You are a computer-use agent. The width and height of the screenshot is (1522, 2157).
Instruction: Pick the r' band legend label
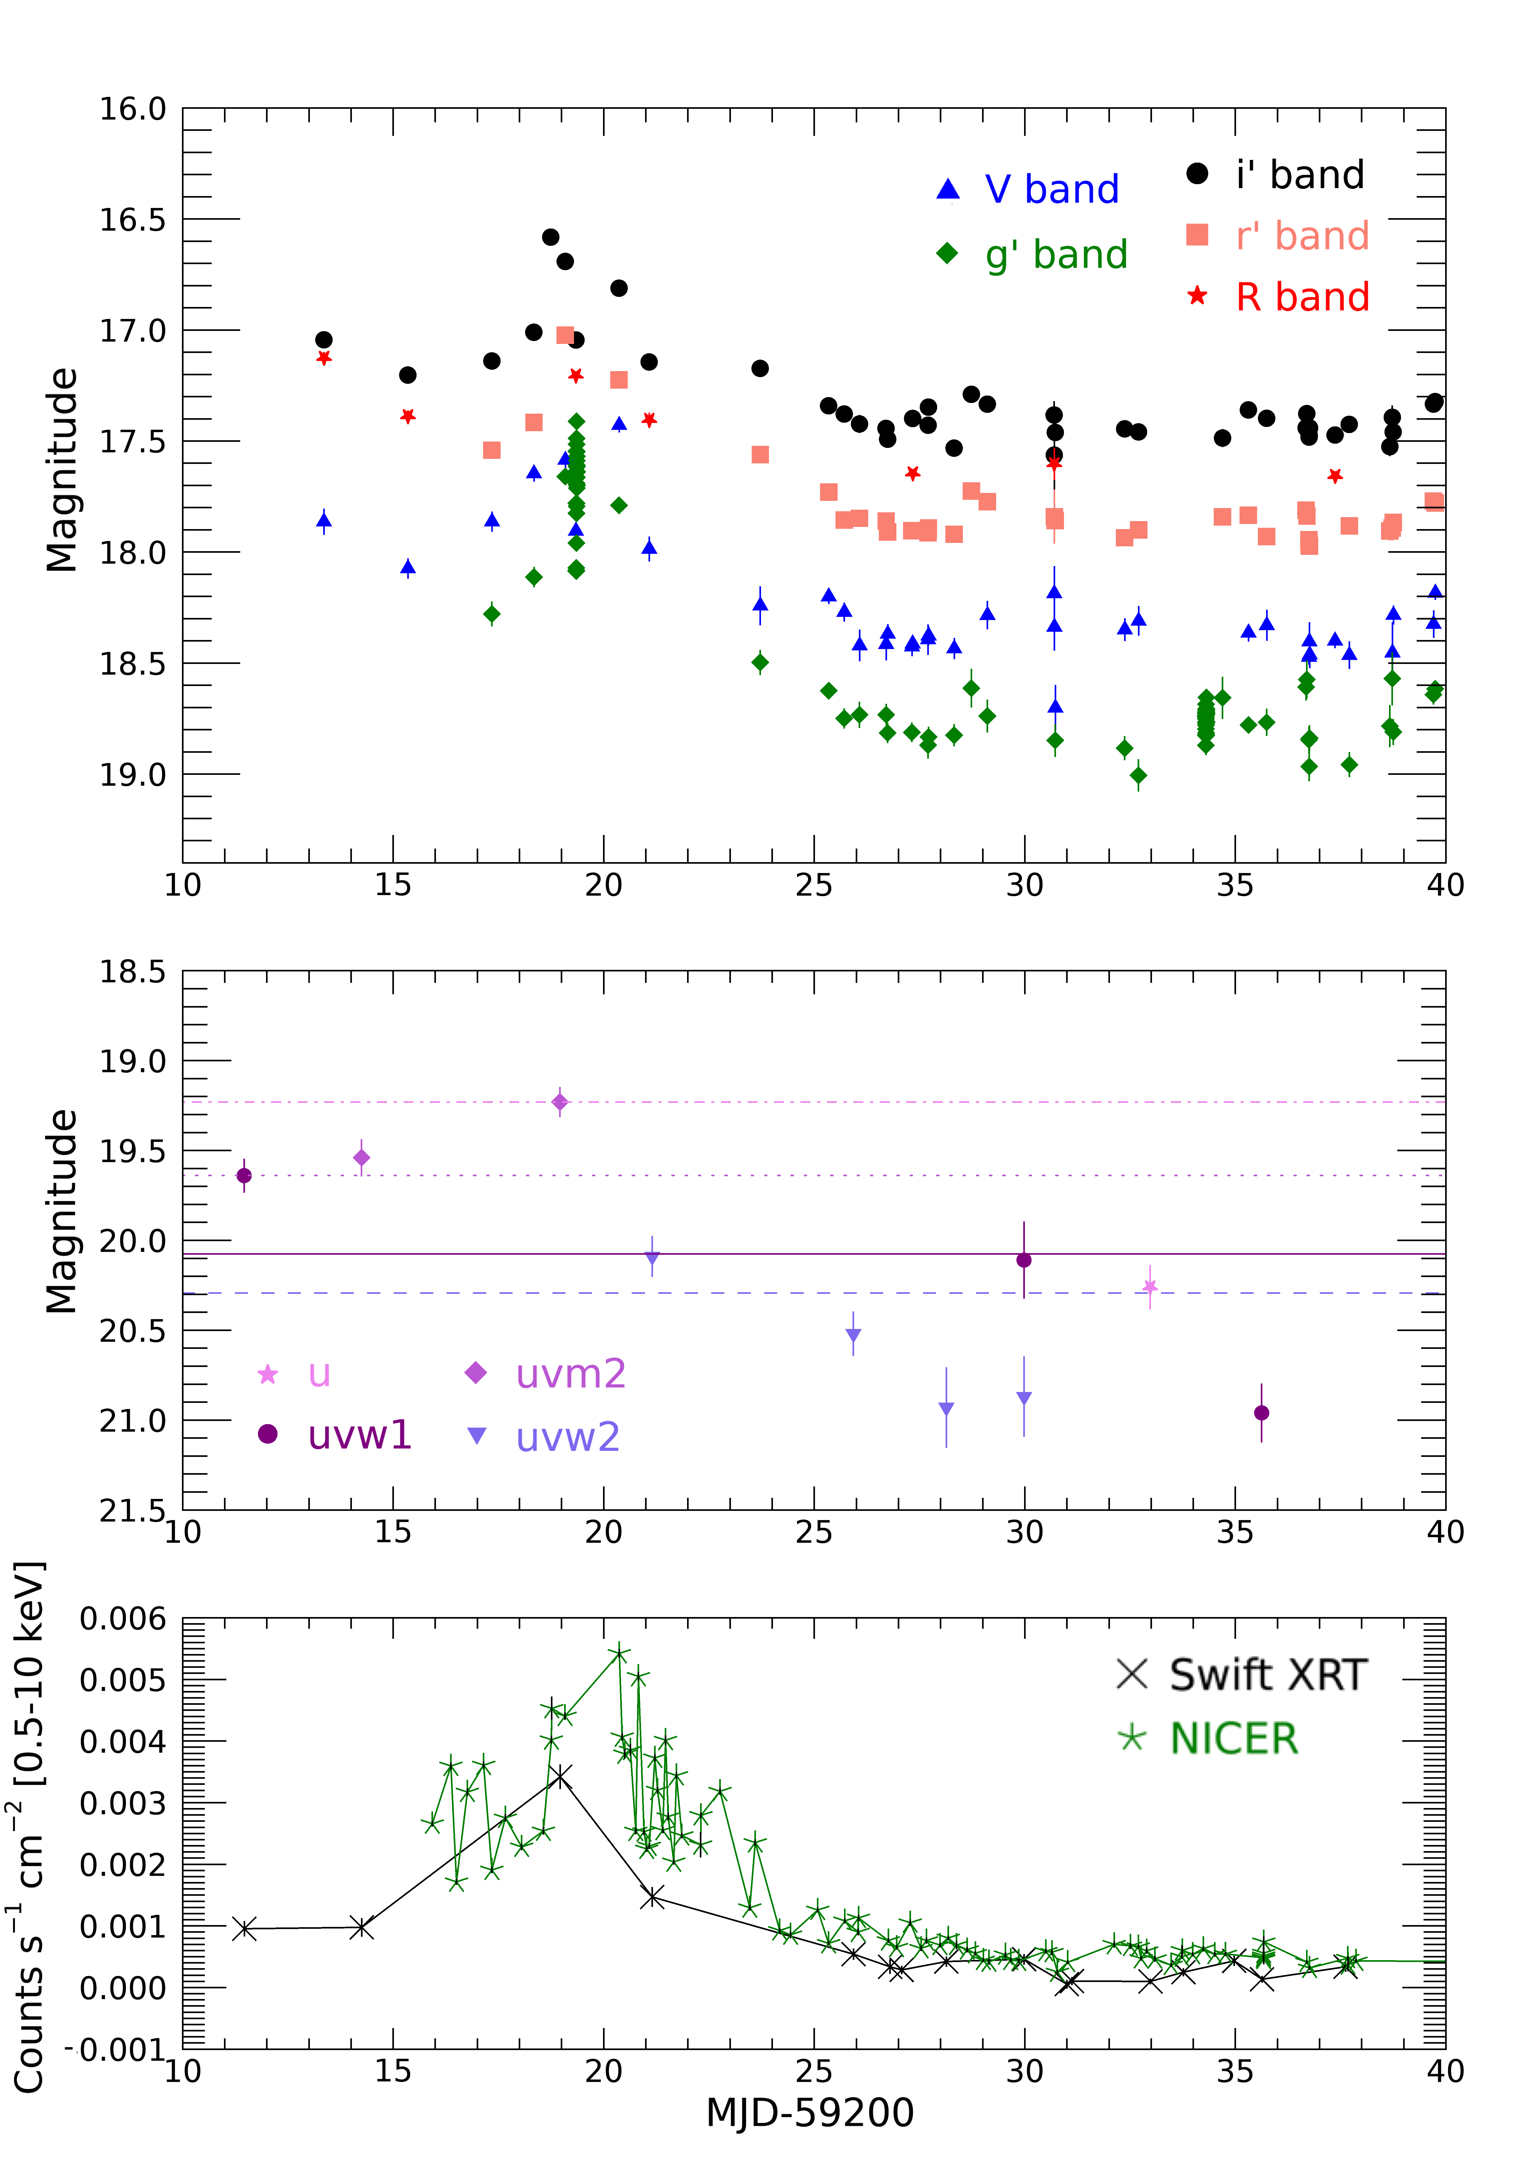tap(1302, 236)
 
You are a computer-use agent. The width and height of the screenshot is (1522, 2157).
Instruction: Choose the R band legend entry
tap(1302, 297)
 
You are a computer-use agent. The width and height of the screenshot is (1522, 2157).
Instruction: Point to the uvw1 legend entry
tap(360, 1435)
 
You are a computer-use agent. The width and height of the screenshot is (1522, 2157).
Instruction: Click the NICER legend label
tap(1234, 1739)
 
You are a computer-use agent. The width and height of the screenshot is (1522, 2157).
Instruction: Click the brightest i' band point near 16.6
tap(551, 237)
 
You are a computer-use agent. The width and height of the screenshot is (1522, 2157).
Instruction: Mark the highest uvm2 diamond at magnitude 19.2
tap(560, 1102)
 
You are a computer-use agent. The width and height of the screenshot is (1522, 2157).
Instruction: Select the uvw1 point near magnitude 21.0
tap(1262, 1413)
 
